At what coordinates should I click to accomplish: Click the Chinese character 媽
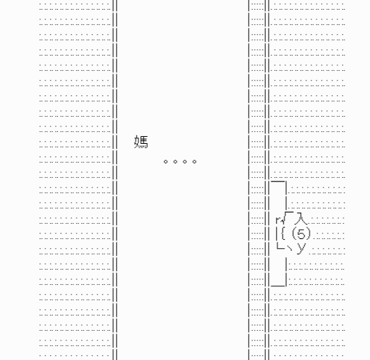coord(141,142)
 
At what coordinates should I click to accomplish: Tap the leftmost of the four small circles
coord(166,161)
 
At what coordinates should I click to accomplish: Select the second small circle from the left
coord(175,161)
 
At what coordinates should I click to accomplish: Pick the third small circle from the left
coord(185,161)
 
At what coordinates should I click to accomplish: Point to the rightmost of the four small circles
coord(195,161)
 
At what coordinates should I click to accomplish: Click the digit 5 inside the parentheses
coord(301,234)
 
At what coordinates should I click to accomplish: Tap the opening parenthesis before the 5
coord(294,234)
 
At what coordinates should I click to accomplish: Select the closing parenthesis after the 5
coord(309,234)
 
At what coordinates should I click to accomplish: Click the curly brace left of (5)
coord(283,234)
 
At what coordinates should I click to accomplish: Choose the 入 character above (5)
coord(301,218)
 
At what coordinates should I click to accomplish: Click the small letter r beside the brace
coord(280,220)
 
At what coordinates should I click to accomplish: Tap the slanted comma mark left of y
coord(289,247)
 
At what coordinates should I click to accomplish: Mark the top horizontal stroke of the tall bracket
coord(278,181)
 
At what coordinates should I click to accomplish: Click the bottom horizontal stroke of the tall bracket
coord(278,286)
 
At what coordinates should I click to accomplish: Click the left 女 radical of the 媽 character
coord(137,142)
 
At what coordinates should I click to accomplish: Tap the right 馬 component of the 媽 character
coord(144,142)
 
